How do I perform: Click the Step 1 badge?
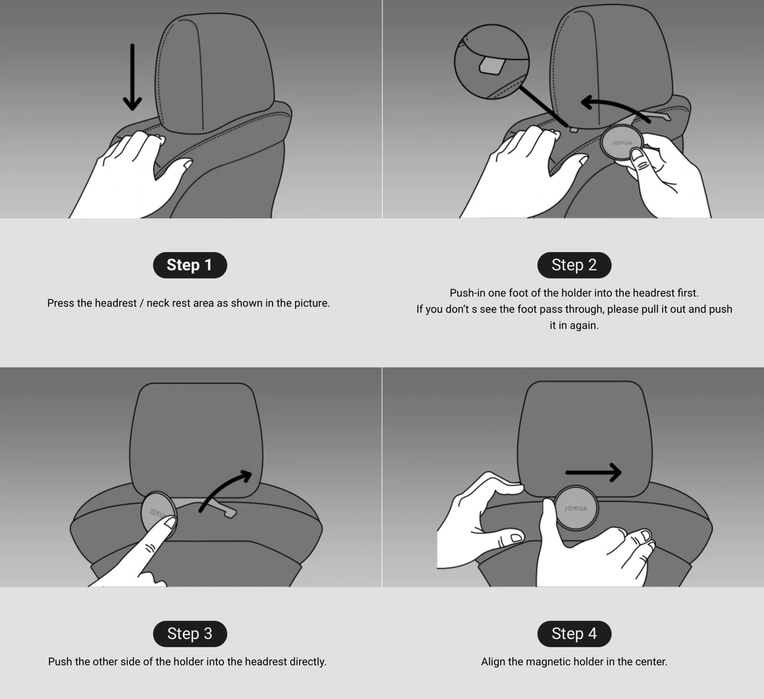tap(190, 265)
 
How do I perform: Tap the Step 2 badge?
tap(575, 265)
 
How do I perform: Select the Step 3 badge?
tap(190, 634)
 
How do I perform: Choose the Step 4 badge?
tap(575, 634)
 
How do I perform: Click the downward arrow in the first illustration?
tap(132, 77)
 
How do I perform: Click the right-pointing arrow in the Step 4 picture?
tap(593, 473)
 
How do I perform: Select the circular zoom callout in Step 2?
tap(492, 62)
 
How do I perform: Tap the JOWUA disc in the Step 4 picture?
tap(575, 508)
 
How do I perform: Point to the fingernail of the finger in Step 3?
tap(171, 523)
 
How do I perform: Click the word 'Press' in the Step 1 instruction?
tap(60, 303)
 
